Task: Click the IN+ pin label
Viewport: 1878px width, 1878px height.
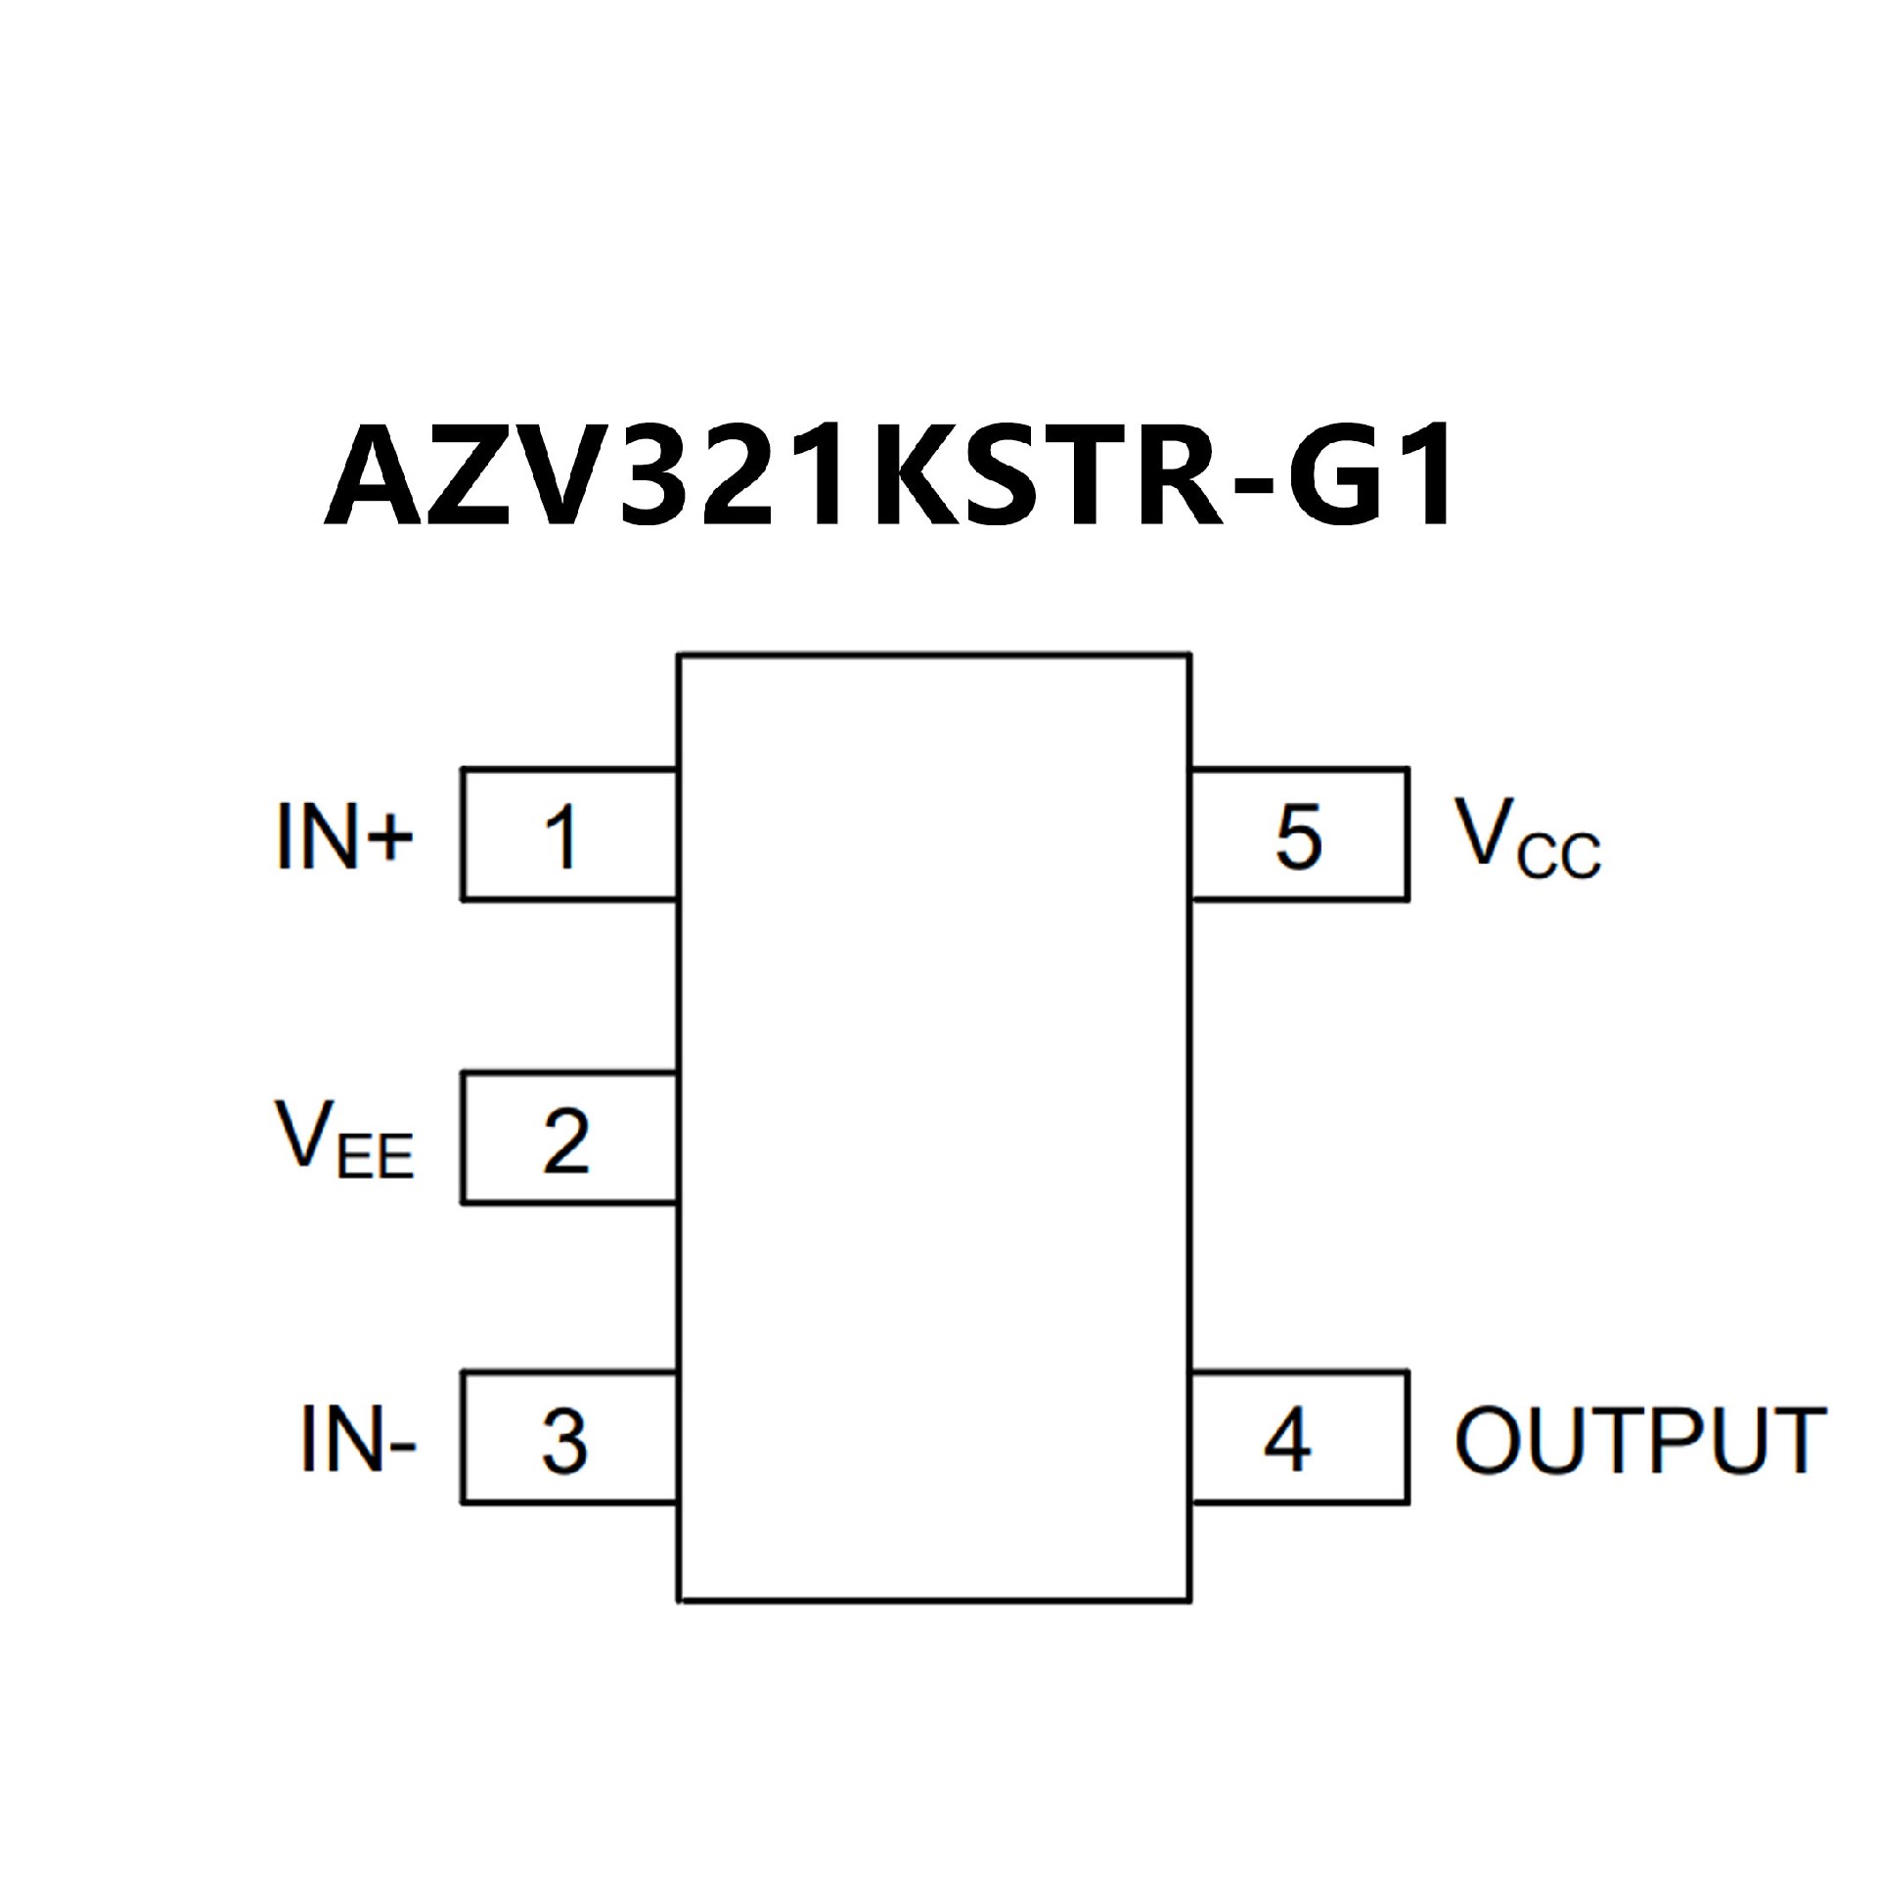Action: (x=345, y=835)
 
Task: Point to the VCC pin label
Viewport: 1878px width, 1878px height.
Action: (x=1527, y=839)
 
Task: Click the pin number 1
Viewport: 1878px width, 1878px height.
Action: (x=561, y=837)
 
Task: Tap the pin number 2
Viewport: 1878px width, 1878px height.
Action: (x=565, y=1140)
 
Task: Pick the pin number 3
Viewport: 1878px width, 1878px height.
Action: (x=564, y=1441)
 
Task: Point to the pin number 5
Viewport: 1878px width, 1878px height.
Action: (x=1299, y=837)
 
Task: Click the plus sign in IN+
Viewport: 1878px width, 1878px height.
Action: (x=386, y=839)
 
